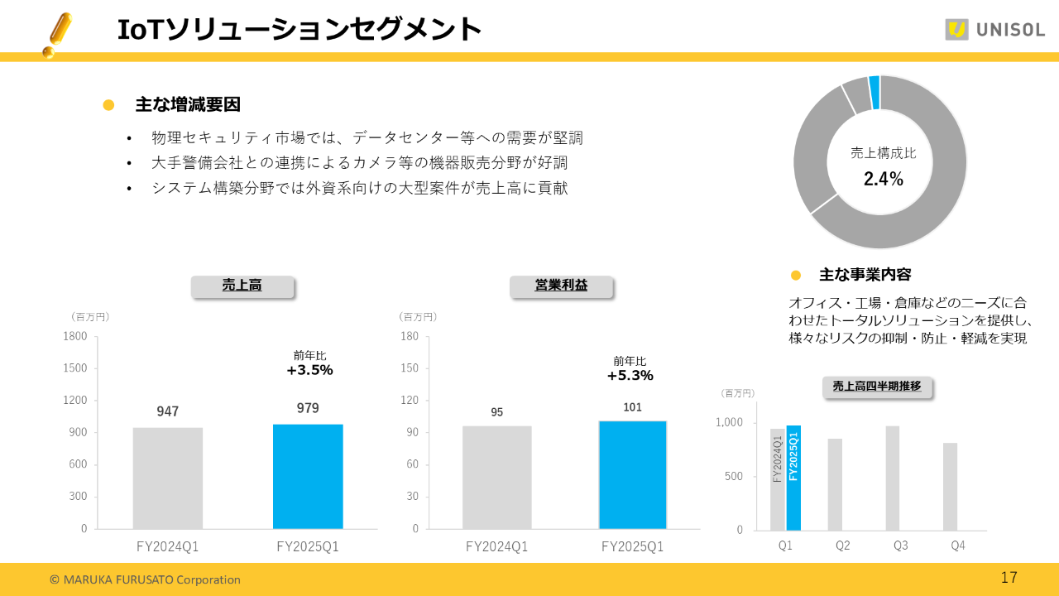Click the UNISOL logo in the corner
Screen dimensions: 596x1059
(x=994, y=30)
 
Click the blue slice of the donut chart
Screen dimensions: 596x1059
(x=875, y=81)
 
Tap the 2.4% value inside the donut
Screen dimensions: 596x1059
(x=883, y=179)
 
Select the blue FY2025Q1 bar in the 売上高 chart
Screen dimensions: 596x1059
(x=308, y=476)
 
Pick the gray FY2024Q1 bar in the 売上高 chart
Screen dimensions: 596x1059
(x=168, y=478)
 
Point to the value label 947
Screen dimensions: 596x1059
(x=168, y=411)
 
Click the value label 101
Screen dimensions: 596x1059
(x=632, y=407)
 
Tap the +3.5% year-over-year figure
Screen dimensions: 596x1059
(x=309, y=370)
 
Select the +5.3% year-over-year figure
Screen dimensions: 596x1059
(x=630, y=375)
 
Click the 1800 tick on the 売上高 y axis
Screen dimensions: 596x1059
(x=75, y=336)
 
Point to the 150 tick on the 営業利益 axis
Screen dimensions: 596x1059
(x=409, y=368)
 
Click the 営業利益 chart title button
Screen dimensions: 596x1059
(x=561, y=286)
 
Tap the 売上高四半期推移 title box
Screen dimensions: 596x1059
(x=876, y=387)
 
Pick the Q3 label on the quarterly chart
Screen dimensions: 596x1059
(x=900, y=546)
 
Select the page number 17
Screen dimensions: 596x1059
(x=1009, y=578)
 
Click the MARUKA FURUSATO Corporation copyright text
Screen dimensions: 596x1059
(x=145, y=579)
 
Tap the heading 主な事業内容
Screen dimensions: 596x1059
(x=865, y=275)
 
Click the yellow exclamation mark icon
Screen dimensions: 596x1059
(x=56, y=35)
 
